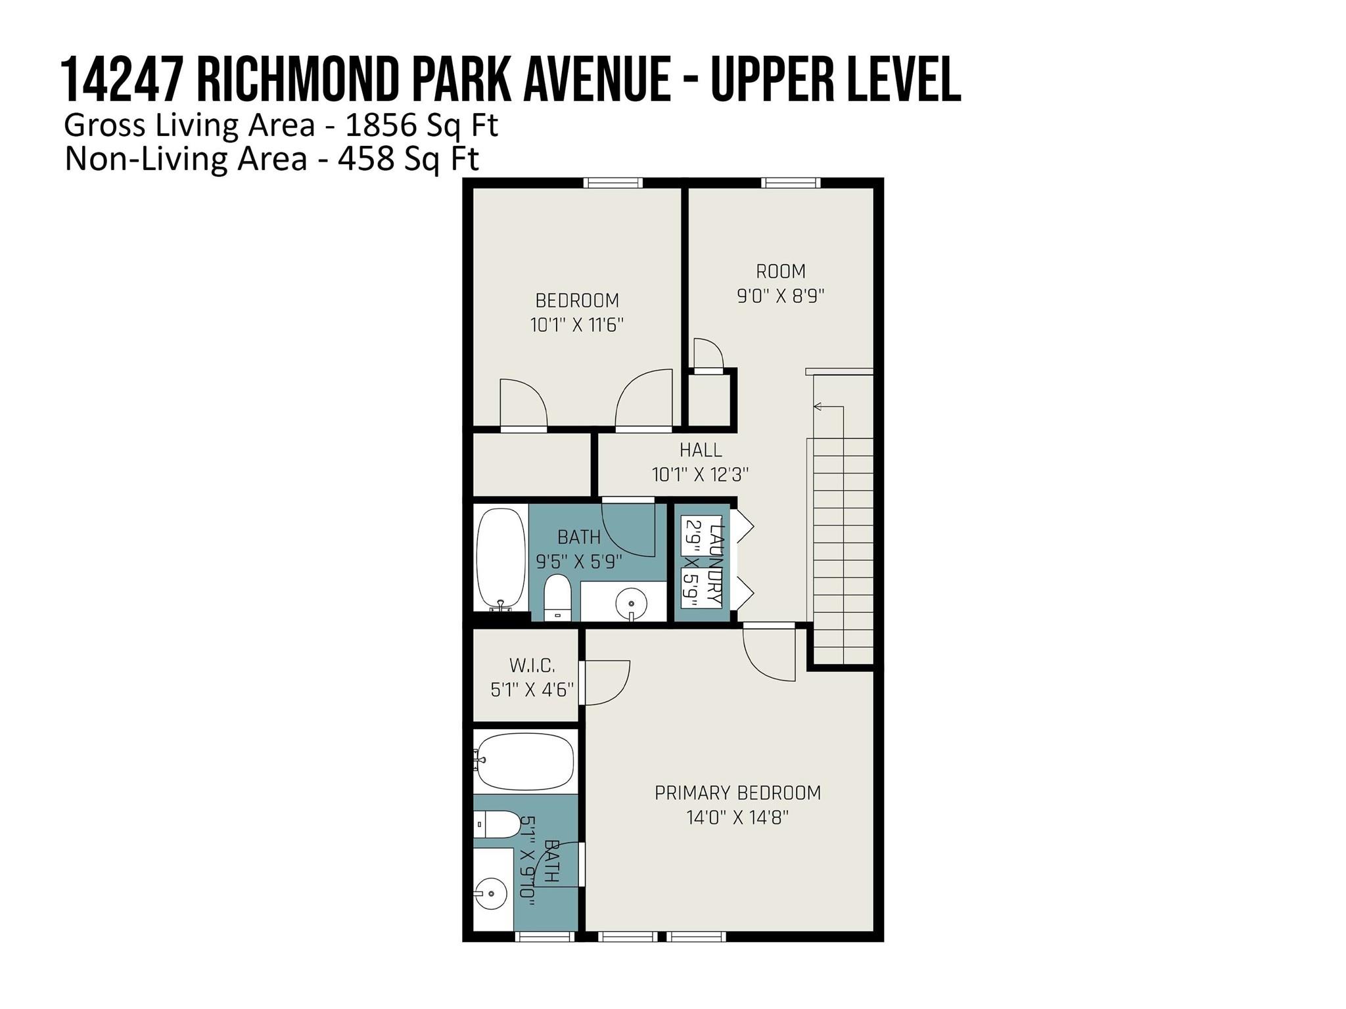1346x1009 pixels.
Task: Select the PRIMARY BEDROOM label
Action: (738, 793)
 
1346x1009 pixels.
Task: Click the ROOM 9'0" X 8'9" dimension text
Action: (781, 296)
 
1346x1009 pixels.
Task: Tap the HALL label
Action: (701, 450)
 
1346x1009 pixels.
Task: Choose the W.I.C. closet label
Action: (532, 665)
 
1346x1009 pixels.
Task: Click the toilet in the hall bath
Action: (557, 598)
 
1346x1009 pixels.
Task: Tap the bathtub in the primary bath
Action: (524, 762)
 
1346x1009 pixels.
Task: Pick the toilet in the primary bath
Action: (498, 824)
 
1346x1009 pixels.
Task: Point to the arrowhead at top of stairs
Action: (818, 407)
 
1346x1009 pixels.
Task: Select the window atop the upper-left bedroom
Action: (614, 183)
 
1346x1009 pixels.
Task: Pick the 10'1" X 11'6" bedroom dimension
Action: (577, 325)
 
